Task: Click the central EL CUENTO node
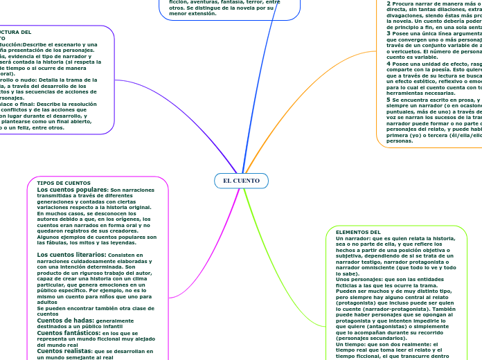pos(241,181)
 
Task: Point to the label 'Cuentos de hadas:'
pos(65,321)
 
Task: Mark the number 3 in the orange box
pos(389,33)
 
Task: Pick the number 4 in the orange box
pos(389,63)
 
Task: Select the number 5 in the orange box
pos(389,100)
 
